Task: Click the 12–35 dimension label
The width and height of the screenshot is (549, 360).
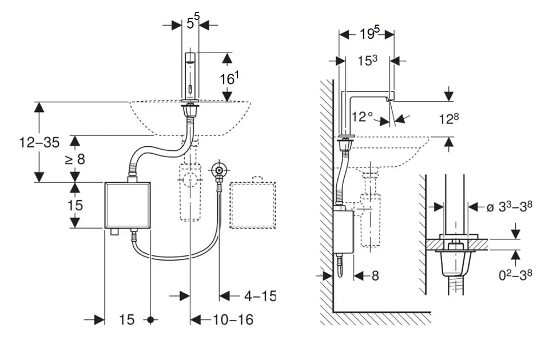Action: [39, 142]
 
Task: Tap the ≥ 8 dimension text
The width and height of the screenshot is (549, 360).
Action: [74, 159]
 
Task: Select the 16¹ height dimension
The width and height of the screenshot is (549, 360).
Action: [228, 78]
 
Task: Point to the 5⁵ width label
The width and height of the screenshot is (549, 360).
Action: [193, 23]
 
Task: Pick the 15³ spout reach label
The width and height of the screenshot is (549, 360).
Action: [367, 60]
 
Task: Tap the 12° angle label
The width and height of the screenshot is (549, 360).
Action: [362, 117]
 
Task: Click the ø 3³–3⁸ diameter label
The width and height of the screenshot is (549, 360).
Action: [509, 207]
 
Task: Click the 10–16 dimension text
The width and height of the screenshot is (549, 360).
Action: [230, 319]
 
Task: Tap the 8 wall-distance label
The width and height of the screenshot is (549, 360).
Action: [375, 276]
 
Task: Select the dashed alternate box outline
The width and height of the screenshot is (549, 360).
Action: [252, 204]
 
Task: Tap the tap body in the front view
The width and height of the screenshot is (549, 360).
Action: [190, 75]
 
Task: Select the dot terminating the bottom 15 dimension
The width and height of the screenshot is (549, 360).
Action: [150, 320]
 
